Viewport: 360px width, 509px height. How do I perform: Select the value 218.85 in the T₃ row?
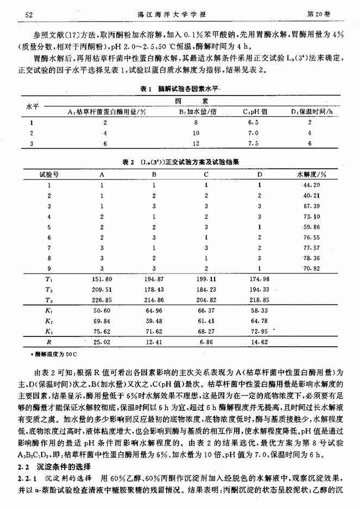click(259, 300)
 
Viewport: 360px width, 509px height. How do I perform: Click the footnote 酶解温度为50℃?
click(54, 355)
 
